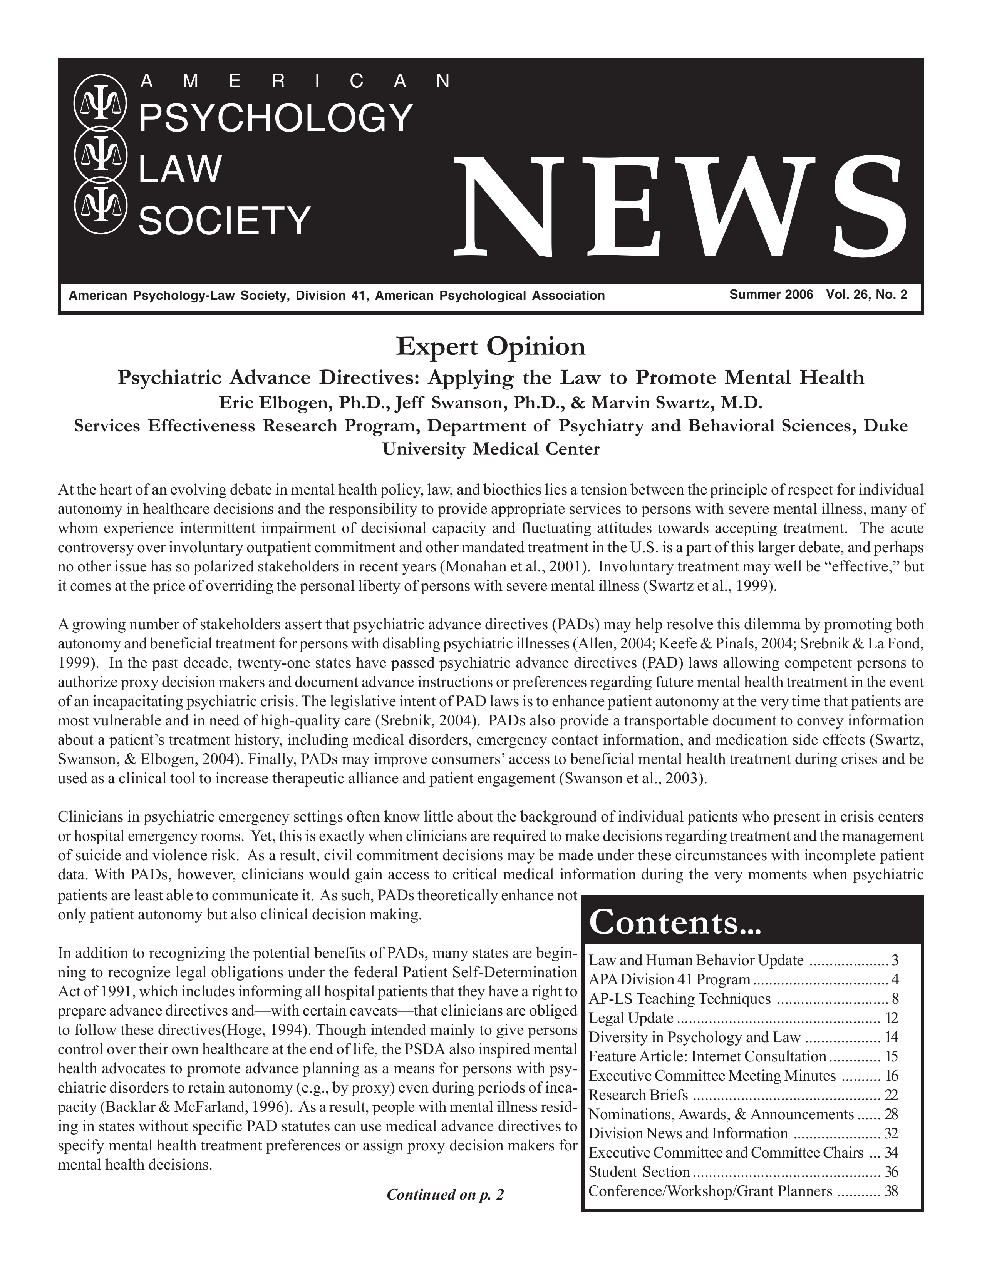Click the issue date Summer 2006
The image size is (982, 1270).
tap(771, 295)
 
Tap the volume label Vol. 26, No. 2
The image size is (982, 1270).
tap(866, 295)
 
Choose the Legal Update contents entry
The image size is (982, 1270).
tap(631, 1018)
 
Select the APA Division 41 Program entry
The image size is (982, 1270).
tap(669, 979)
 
